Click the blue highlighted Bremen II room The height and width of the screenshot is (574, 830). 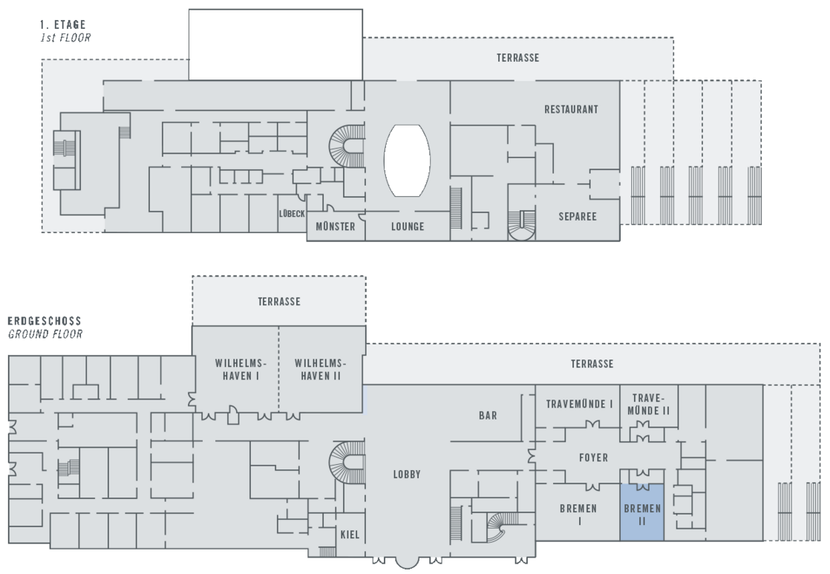tap(641, 512)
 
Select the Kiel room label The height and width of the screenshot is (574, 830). tap(350, 535)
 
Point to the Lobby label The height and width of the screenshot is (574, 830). tap(408, 474)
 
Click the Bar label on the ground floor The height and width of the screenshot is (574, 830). tap(488, 416)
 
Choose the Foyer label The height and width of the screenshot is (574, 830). tap(593, 458)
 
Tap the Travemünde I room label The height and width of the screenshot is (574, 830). tap(579, 404)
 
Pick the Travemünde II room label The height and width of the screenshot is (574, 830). tap(648, 404)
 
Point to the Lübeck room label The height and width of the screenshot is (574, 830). tap(292, 214)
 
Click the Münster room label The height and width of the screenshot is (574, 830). tap(336, 226)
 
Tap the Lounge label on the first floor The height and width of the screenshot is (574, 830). tap(408, 226)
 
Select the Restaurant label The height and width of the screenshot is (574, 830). tap(571, 109)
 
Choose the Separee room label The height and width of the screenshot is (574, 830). tap(578, 217)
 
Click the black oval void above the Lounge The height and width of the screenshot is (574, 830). tap(407, 160)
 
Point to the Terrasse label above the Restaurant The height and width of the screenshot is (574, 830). tap(517, 58)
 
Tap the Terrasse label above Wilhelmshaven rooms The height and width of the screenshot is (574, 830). tap(279, 301)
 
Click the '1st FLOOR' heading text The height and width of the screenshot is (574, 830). tap(65, 37)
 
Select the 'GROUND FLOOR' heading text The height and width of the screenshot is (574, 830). tap(45, 334)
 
